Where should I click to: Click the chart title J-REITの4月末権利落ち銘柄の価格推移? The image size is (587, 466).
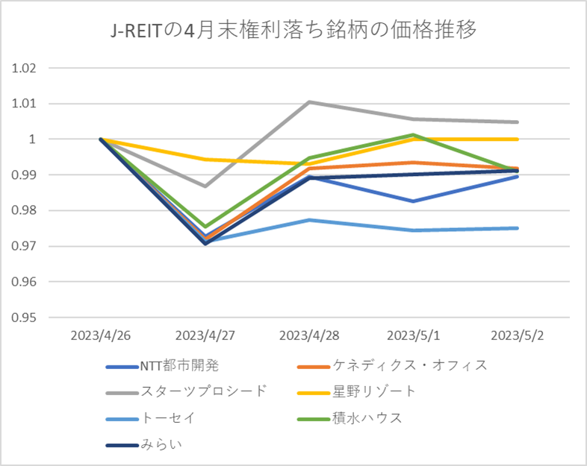coord(293,31)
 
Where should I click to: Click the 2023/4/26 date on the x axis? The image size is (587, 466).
coord(101,335)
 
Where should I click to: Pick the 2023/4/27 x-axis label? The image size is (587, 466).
coord(205,335)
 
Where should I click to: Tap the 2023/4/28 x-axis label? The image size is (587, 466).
coord(309,335)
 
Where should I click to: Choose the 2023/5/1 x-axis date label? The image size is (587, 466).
coord(413,335)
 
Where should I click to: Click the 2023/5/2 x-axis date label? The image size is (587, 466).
coord(518,335)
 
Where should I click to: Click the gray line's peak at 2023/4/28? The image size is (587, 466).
coord(309,101)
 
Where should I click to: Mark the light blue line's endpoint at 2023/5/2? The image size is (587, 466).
coord(518,228)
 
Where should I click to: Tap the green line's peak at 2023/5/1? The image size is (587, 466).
coord(413,135)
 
